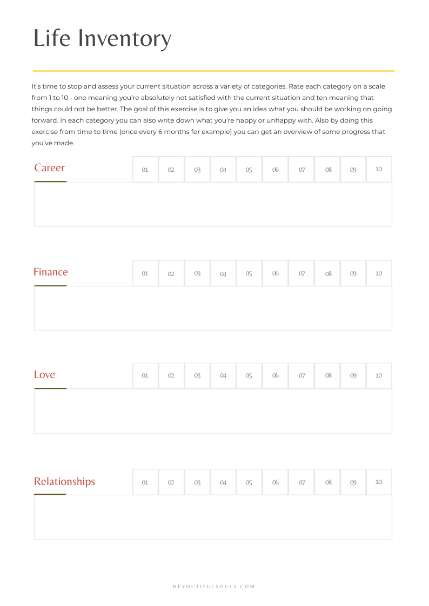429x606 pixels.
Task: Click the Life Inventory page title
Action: pos(102,38)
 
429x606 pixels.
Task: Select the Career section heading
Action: pos(49,168)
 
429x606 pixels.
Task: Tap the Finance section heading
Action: pos(51,272)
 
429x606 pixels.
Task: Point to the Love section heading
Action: pos(44,375)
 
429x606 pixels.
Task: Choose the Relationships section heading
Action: pos(64,482)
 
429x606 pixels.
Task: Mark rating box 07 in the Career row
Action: pos(301,170)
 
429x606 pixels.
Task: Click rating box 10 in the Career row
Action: pos(379,170)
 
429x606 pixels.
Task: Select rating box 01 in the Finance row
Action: pos(145,274)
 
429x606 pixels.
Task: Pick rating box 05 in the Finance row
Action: pos(249,274)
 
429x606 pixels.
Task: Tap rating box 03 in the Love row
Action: pos(197,376)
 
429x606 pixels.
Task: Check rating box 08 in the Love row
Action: pos(328,376)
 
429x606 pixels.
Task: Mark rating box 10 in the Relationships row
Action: pos(379,482)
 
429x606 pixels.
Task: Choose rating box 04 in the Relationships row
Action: pos(223,482)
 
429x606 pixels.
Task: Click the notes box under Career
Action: pos(213,204)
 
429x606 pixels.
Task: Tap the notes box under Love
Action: pos(213,410)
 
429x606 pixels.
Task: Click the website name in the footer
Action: pos(214,587)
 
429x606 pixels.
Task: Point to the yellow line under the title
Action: pos(213,71)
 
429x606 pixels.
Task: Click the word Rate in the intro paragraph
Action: pos(298,86)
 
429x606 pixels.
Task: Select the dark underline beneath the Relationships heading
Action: pos(50,494)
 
